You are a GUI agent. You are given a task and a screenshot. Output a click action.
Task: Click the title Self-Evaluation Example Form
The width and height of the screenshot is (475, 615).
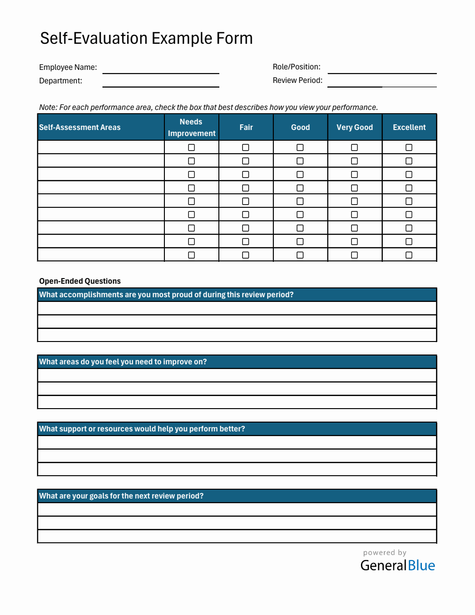(x=146, y=38)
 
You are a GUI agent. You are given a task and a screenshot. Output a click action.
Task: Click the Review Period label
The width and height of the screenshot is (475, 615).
(x=297, y=80)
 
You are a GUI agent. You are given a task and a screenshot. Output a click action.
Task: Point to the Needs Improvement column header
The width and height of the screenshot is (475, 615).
(x=191, y=127)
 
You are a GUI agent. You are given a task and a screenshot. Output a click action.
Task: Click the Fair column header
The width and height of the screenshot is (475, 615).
(x=246, y=127)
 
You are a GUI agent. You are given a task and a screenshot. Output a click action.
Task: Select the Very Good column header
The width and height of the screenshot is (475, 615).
(x=354, y=127)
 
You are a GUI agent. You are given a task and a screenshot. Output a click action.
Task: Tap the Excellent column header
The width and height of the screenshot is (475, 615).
(x=409, y=127)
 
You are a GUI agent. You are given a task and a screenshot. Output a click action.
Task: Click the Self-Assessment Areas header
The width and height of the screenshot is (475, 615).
(x=80, y=127)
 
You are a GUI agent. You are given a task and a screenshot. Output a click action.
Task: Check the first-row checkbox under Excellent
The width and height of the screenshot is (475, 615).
(x=409, y=148)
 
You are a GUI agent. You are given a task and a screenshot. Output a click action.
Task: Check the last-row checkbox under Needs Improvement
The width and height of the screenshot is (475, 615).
(x=191, y=255)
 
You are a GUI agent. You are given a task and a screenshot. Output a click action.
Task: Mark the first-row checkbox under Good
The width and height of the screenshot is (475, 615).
(x=300, y=148)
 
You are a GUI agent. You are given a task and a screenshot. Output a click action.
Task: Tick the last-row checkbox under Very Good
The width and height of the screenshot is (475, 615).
(x=354, y=255)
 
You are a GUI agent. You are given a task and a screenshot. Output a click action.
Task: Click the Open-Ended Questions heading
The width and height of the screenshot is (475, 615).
(x=80, y=281)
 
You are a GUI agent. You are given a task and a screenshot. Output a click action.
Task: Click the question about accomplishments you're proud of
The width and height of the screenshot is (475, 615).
(x=166, y=294)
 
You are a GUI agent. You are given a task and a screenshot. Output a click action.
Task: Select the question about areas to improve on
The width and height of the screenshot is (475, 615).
(x=123, y=362)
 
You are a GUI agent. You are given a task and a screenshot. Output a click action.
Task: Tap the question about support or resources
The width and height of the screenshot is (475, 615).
(x=142, y=429)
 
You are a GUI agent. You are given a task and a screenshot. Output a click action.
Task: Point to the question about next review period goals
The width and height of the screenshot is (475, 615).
(x=121, y=496)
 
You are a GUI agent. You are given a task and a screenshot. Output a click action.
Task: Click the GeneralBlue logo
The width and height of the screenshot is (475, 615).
(x=397, y=565)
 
